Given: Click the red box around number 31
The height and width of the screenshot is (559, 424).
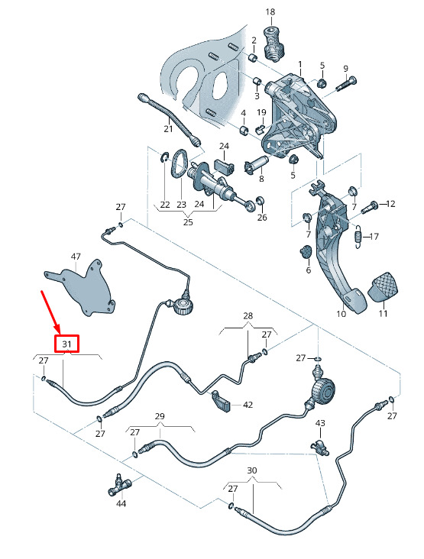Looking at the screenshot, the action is (x=66, y=344).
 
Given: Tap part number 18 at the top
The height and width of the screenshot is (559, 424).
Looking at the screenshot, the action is (x=270, y=11).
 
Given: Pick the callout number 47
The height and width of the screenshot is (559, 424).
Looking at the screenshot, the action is (x=76, y=257).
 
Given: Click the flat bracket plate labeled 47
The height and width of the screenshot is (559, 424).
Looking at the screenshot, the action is (x=81, y=287).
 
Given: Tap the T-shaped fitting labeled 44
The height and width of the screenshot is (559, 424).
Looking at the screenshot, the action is (x=119, y=485).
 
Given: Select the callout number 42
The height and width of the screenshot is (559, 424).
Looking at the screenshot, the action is (x=248, y=405).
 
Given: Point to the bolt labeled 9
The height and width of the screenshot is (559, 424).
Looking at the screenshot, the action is (x=346, y=84).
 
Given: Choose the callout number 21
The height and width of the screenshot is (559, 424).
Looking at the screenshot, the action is (x=168, y=129).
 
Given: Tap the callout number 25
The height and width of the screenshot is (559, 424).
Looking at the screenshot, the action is (x=188, y=221).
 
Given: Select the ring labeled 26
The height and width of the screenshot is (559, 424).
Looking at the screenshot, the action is (x=261, y=201).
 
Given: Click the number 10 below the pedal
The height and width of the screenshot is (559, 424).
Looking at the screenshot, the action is (x=341, y=314).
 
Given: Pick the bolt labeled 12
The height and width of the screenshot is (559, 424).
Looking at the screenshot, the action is (x=369, y=208).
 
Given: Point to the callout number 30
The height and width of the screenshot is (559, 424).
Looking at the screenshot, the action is (x=252, y=470).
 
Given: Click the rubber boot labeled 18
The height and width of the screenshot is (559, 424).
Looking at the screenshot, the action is (x=273, y=44).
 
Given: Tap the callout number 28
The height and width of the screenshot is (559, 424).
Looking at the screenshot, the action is (x=248, y=315).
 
